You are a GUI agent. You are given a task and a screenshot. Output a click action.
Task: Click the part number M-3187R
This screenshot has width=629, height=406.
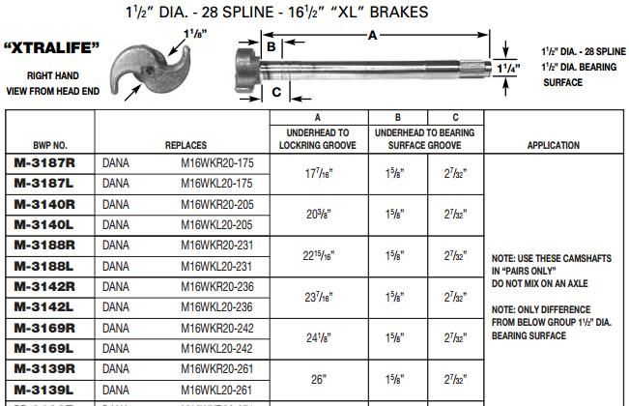click(48, 162)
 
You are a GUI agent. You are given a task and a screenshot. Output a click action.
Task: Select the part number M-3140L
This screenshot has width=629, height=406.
click(48, 223)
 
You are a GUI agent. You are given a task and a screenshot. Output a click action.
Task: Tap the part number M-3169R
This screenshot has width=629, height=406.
click(48, 327)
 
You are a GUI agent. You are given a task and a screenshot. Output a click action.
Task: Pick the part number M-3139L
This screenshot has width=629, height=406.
click(48, 389)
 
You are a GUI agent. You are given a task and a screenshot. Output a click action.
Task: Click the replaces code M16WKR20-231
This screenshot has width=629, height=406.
click(216, 246)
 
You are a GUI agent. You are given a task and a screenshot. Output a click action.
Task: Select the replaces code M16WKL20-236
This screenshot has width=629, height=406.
click(216, 306)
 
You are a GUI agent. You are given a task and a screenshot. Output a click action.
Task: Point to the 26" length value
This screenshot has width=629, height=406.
click(318, 380)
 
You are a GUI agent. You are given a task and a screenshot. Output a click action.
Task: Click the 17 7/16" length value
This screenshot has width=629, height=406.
click(318, 174)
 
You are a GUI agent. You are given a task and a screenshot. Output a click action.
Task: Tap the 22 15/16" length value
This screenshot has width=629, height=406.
click(318, 255)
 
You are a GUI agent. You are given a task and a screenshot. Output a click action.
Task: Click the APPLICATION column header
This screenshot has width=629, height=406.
click(554, 145)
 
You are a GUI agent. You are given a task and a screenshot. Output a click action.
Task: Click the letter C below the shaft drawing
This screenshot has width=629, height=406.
click(275, 93)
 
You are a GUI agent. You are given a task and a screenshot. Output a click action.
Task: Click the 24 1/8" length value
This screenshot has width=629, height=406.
click(318, 338)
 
